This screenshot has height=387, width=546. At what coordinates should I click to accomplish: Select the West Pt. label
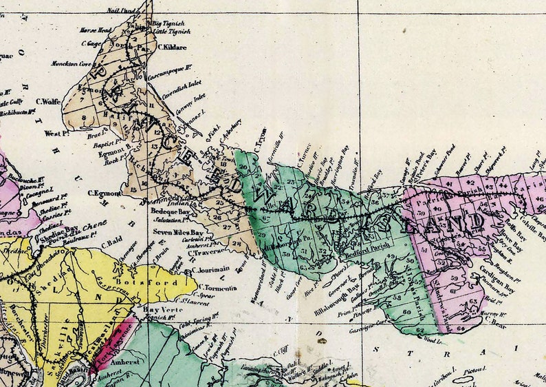[x=56, y=133]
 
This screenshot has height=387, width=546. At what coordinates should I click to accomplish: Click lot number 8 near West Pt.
[x=85, y=117]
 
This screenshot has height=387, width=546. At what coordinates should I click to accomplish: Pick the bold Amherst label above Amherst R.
[x=124, y=362]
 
